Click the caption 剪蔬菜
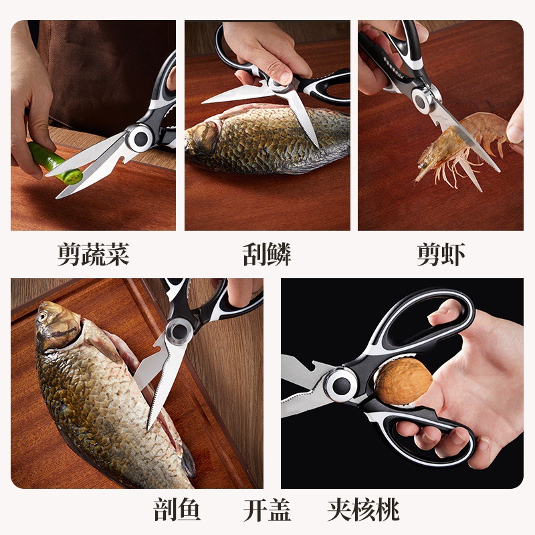93,254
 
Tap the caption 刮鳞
267,254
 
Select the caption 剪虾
441,254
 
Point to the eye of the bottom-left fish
46,314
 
